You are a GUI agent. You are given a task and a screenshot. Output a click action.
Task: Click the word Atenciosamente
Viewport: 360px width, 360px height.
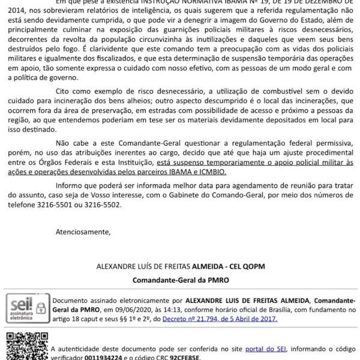[83, 231]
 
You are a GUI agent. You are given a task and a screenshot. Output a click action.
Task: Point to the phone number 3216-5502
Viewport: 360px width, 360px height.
[103, 205]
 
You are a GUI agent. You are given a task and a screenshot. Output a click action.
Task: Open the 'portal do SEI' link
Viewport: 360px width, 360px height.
[245, 348]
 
